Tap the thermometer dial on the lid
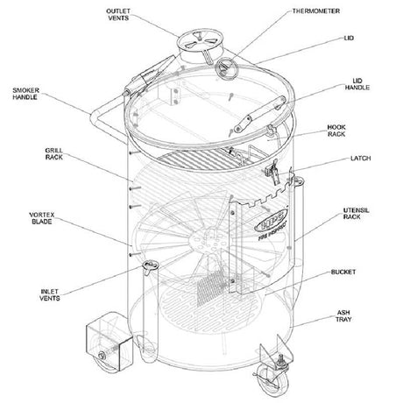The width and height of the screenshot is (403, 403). pyautogui.click(x=228, y=67)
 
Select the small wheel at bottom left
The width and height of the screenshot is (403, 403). pyautogui.click(x=102, y=357)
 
